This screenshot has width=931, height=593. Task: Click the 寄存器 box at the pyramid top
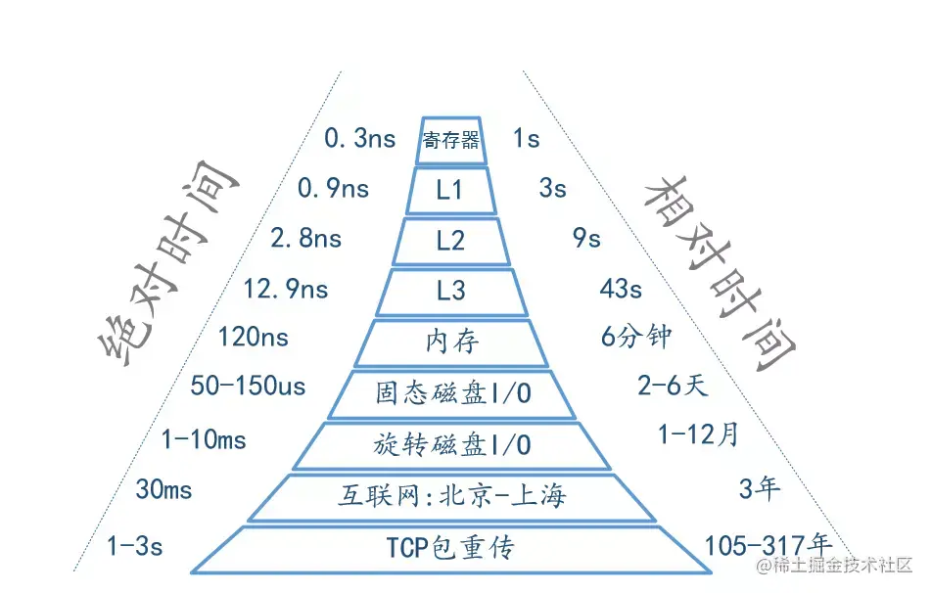[x=450, y=139]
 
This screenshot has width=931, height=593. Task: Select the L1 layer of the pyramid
[x=450, y=190]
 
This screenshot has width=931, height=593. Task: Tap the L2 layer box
[x=450, y=241]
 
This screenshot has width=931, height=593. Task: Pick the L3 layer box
[x=451, y=291]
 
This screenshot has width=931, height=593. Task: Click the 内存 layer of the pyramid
[x=452, y=342]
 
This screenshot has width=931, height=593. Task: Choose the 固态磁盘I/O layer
[x=452, y=393]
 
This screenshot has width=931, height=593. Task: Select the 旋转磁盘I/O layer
[x=452, y=444]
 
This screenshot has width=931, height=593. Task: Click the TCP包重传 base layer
[x=450, y=548]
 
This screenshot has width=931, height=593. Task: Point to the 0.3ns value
[x=359, y=139]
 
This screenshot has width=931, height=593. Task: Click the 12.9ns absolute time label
[x=286, y=290]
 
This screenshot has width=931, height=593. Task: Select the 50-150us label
[x=248, y=387]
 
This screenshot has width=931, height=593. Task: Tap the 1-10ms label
[x=204, y=440]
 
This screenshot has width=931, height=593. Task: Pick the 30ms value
[x=163, y=489]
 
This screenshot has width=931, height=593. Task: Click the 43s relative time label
[x=621, y=290]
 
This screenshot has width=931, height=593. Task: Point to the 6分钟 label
[x=636, y=337]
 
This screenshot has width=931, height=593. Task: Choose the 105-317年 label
[x=768, y=544]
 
